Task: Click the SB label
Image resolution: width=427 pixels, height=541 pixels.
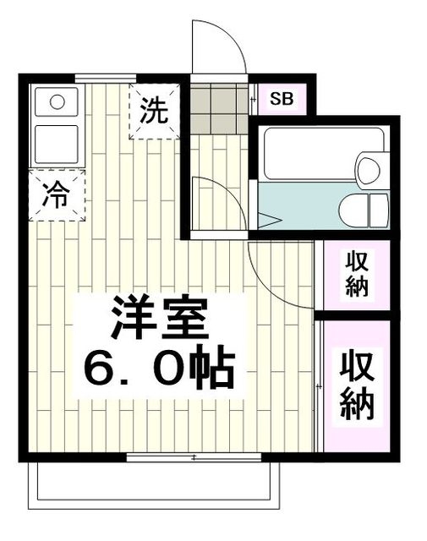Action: pos(282,99)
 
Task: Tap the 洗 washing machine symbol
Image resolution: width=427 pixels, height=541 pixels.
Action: pos(154,110)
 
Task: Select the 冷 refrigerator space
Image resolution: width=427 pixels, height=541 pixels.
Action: pos(57,195)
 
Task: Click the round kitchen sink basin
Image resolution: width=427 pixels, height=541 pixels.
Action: pos(57,102)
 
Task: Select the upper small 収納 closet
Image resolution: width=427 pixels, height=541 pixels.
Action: pos(355,275)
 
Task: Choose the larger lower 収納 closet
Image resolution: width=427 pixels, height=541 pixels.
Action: pos(357,385)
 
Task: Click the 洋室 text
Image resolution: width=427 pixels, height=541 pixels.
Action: pos(158,319)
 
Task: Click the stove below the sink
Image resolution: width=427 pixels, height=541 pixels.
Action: pos(57,140)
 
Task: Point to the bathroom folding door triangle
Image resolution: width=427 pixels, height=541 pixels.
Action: pos(269,222)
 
